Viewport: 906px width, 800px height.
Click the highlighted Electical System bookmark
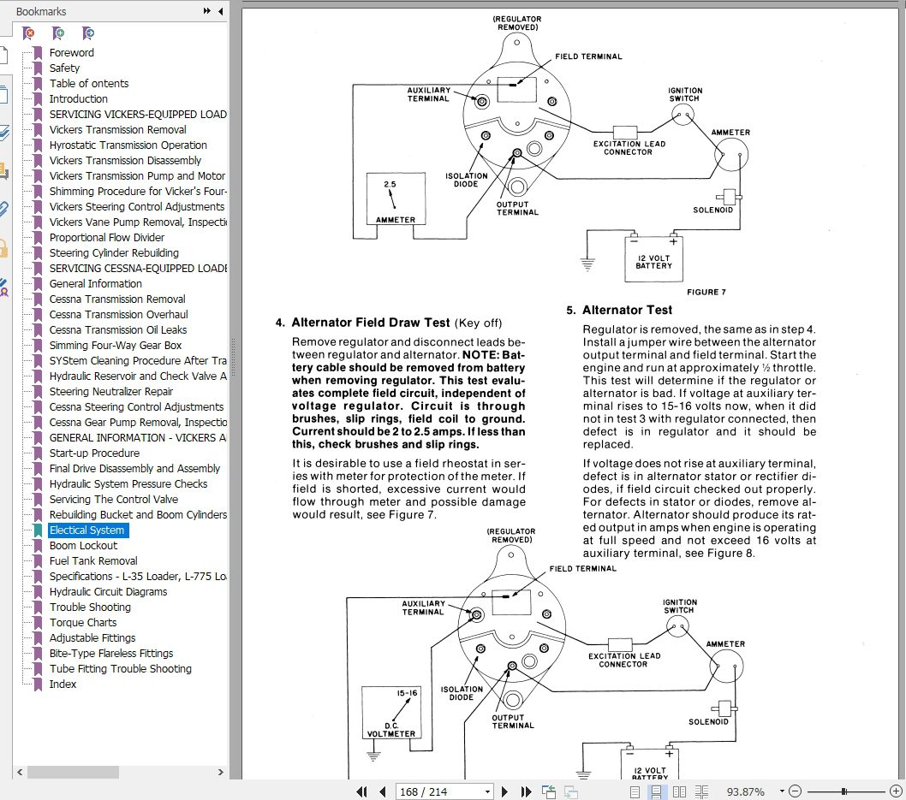click(x=86, y=530)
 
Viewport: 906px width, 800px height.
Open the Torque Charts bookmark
click(x=82, y=622)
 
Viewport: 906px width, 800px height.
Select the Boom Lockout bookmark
click(x=83, y=546)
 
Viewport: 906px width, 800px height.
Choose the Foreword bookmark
click(x=72, y=52)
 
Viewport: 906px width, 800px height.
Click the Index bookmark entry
click(x=63, y=684)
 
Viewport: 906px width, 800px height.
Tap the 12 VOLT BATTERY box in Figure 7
click(x=653, y=260)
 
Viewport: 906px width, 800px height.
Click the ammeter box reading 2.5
click(x=396, y=199)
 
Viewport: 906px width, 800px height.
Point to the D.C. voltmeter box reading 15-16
click(x=391, y=712)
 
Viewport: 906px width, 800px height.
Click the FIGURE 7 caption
click(x=706, y=292)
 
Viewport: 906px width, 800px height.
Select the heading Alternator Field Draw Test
click(x=371, y=323)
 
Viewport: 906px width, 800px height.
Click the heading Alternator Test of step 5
click(x=627, y=310)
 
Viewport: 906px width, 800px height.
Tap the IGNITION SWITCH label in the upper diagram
click(x=685, y=94)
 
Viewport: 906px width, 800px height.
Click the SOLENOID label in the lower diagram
click(x=708, y=721)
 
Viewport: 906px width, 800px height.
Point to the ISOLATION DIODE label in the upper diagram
click(x=466, y=180)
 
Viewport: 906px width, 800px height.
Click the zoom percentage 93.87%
click(x=745, y=792)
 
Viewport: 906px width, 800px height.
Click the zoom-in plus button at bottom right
click(x=896, y=791)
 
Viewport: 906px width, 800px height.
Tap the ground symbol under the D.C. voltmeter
click(x=373, y=755)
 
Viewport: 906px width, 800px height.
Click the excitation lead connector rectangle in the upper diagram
click(x=624, y=132)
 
